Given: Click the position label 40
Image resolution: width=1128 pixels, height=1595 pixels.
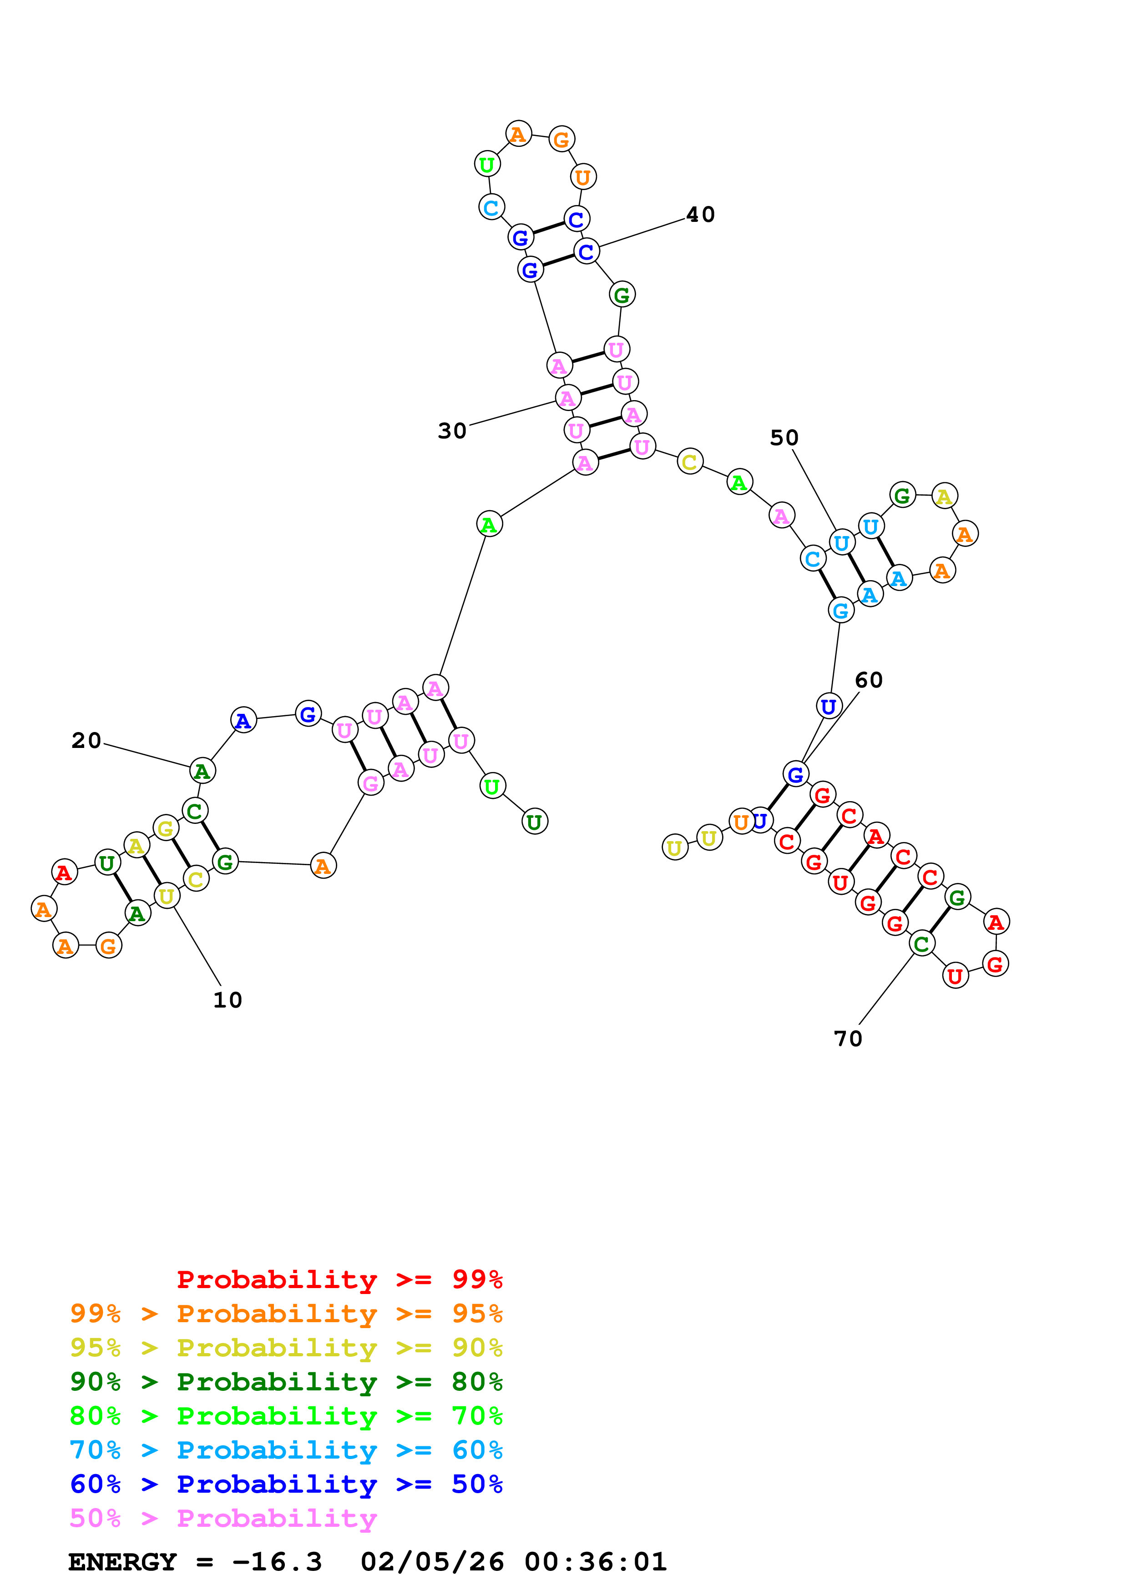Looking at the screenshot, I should coord(700,215).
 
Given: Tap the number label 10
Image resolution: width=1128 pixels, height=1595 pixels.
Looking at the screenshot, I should coord(227,1000).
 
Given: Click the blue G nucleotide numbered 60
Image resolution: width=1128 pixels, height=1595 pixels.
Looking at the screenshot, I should coord(796,774).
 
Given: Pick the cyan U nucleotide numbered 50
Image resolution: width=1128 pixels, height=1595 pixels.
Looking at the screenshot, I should coord(842,542).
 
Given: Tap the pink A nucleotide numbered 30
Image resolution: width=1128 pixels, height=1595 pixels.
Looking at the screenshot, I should coord(568,398).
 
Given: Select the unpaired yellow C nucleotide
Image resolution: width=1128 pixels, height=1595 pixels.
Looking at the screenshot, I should coord(689,461).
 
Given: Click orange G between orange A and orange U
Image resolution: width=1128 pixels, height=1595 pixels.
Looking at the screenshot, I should coord(561,139).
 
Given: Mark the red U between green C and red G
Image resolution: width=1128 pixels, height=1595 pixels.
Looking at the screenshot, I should coord(956,976).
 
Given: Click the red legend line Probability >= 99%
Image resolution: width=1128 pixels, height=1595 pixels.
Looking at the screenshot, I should coord(339,1279).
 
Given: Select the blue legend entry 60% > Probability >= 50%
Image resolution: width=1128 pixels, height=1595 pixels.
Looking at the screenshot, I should coord(286,1485).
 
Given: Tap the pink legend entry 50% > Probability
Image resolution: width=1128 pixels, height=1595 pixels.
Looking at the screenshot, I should coord(223,1519).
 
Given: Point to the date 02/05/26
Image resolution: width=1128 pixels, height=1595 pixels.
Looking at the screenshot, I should coord(432,1562).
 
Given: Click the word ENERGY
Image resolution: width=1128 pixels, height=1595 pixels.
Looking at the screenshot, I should coord(122,1562).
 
